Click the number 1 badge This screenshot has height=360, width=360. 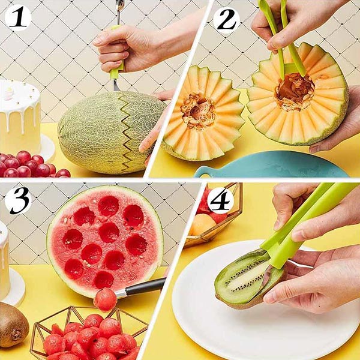(x=18, y=17)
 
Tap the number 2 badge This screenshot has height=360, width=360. (x=226, y=20)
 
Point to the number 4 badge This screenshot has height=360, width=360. (x=220, y=200)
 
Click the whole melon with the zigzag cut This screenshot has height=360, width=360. (x=113, y=132)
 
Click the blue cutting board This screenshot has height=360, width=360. (x=271, y=164)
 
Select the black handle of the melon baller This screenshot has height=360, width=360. (x=145, y=286)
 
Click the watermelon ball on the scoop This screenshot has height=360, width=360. (x=105, y=299)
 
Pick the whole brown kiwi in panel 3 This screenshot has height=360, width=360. (x=13, y=324)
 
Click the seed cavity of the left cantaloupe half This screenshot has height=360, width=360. (x=198, y=110)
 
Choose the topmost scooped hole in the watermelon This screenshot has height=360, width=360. (x=109, y=206)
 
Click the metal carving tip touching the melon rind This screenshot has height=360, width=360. (x=116, y=85)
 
